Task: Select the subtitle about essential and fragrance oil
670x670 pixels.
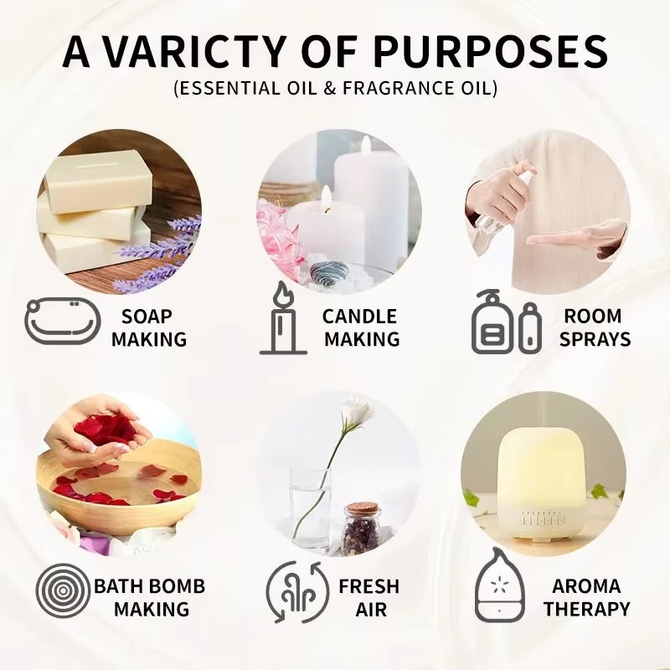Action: (x=335, y=89)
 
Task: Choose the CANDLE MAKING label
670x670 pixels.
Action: (x=361, y=327)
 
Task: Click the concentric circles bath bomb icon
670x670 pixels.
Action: (x=63, y=590)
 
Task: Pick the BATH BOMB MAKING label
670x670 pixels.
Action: (x=149, y=596)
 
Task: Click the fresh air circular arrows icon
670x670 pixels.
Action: (x=294, y=590)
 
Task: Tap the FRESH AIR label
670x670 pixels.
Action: (x=368, y=596)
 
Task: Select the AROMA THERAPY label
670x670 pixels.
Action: (x=586, y=596)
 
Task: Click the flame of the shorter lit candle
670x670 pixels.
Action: (x=325, y=197)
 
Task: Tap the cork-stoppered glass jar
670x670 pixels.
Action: (x=361, y=528)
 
